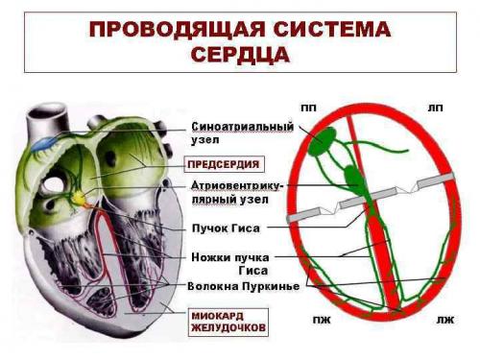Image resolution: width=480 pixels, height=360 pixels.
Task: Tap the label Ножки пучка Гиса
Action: pos(240,264)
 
